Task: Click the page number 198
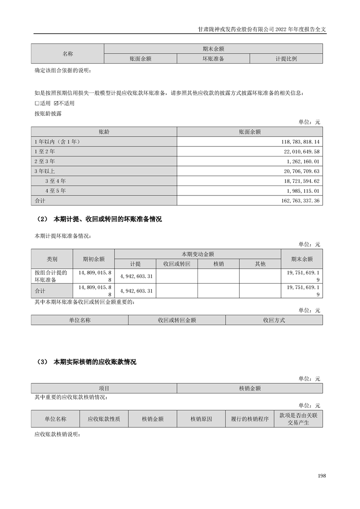coord(322,475)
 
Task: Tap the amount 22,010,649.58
coord(302,152)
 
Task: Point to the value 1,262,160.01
coord(304,161)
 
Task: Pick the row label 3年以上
coord(44,171)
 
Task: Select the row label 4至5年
coord(55,190)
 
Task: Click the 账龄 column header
coord(104,132)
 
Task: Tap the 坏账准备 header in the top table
coord(213,59)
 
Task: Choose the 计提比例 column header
coord(286,59)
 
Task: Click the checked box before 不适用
coord(56,103)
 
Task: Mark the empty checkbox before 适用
coord(37,103)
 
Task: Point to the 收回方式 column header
coord(274,320)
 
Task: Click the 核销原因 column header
coord(201,419)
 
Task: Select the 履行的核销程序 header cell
coord(250,419)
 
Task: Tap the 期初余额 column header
coord(94,259)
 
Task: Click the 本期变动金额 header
coord(197,254)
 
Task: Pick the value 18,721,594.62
coord(302,181)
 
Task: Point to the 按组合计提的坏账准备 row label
coord(51,276)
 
